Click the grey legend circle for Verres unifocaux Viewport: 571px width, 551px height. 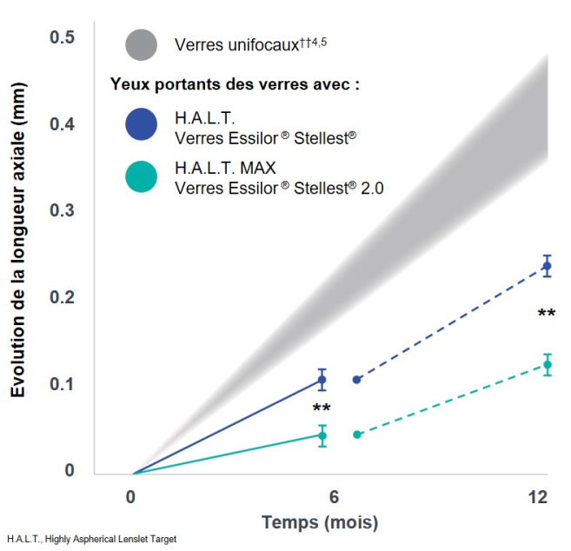[x=141, y=45]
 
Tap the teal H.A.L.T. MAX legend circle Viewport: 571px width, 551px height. [x=141, y=176]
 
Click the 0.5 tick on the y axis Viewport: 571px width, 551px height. [x=62, y=37]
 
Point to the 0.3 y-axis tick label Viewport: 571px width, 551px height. [x=62, y=211]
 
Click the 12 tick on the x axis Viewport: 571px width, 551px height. [x=538, y=497]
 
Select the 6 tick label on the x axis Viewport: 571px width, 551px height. [x=334, y=497]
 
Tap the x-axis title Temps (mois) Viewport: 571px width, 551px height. [x=320, y=523]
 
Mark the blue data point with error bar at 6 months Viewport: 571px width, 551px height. [x=322, y=380]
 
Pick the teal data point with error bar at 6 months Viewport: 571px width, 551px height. [x=322, y=435]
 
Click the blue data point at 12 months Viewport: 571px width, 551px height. [x=547, y=266]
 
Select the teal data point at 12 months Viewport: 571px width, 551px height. [x=547, y=365]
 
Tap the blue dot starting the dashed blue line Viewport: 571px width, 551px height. [x=356, y=380]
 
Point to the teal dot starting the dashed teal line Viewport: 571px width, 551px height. [x=357, y=434]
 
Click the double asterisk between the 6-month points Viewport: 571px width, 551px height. [x=322, y=408]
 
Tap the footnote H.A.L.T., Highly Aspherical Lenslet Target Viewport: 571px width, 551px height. [x=91, y=540]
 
